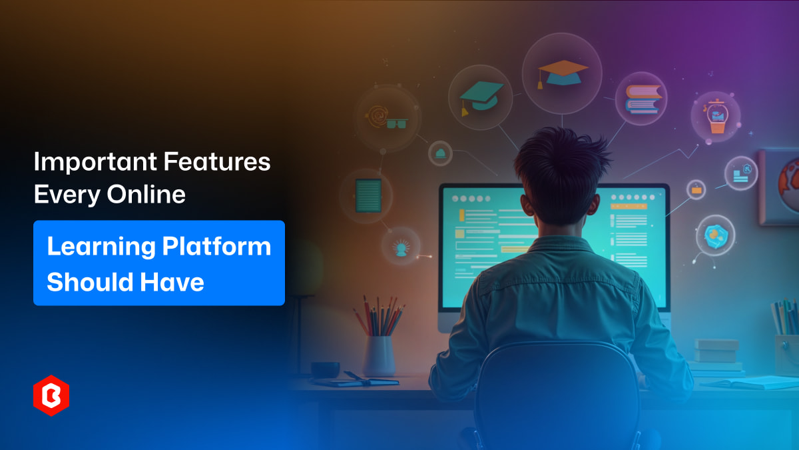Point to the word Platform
coord(216,247)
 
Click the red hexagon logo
coord(51,397)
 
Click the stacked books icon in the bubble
coord(641,99)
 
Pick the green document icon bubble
coord(368,195)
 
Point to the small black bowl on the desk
coord(325,369)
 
